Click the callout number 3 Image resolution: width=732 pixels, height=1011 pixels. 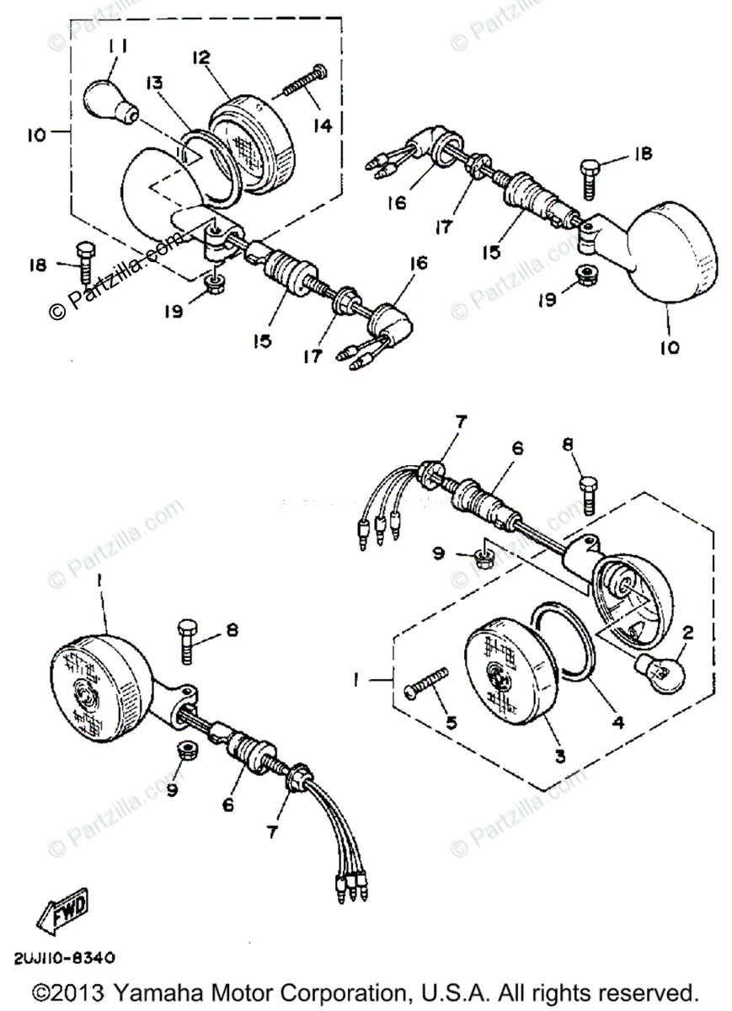[560, 756]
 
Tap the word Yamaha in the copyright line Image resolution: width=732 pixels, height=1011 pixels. [163, 991]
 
